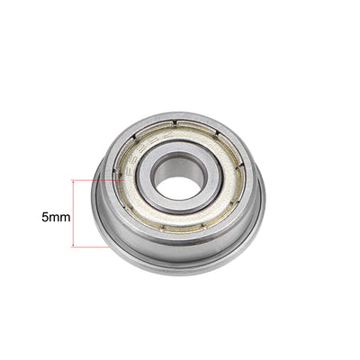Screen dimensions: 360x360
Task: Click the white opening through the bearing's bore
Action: tap(180, 187)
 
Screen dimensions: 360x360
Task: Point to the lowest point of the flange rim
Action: tap(180, 275)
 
